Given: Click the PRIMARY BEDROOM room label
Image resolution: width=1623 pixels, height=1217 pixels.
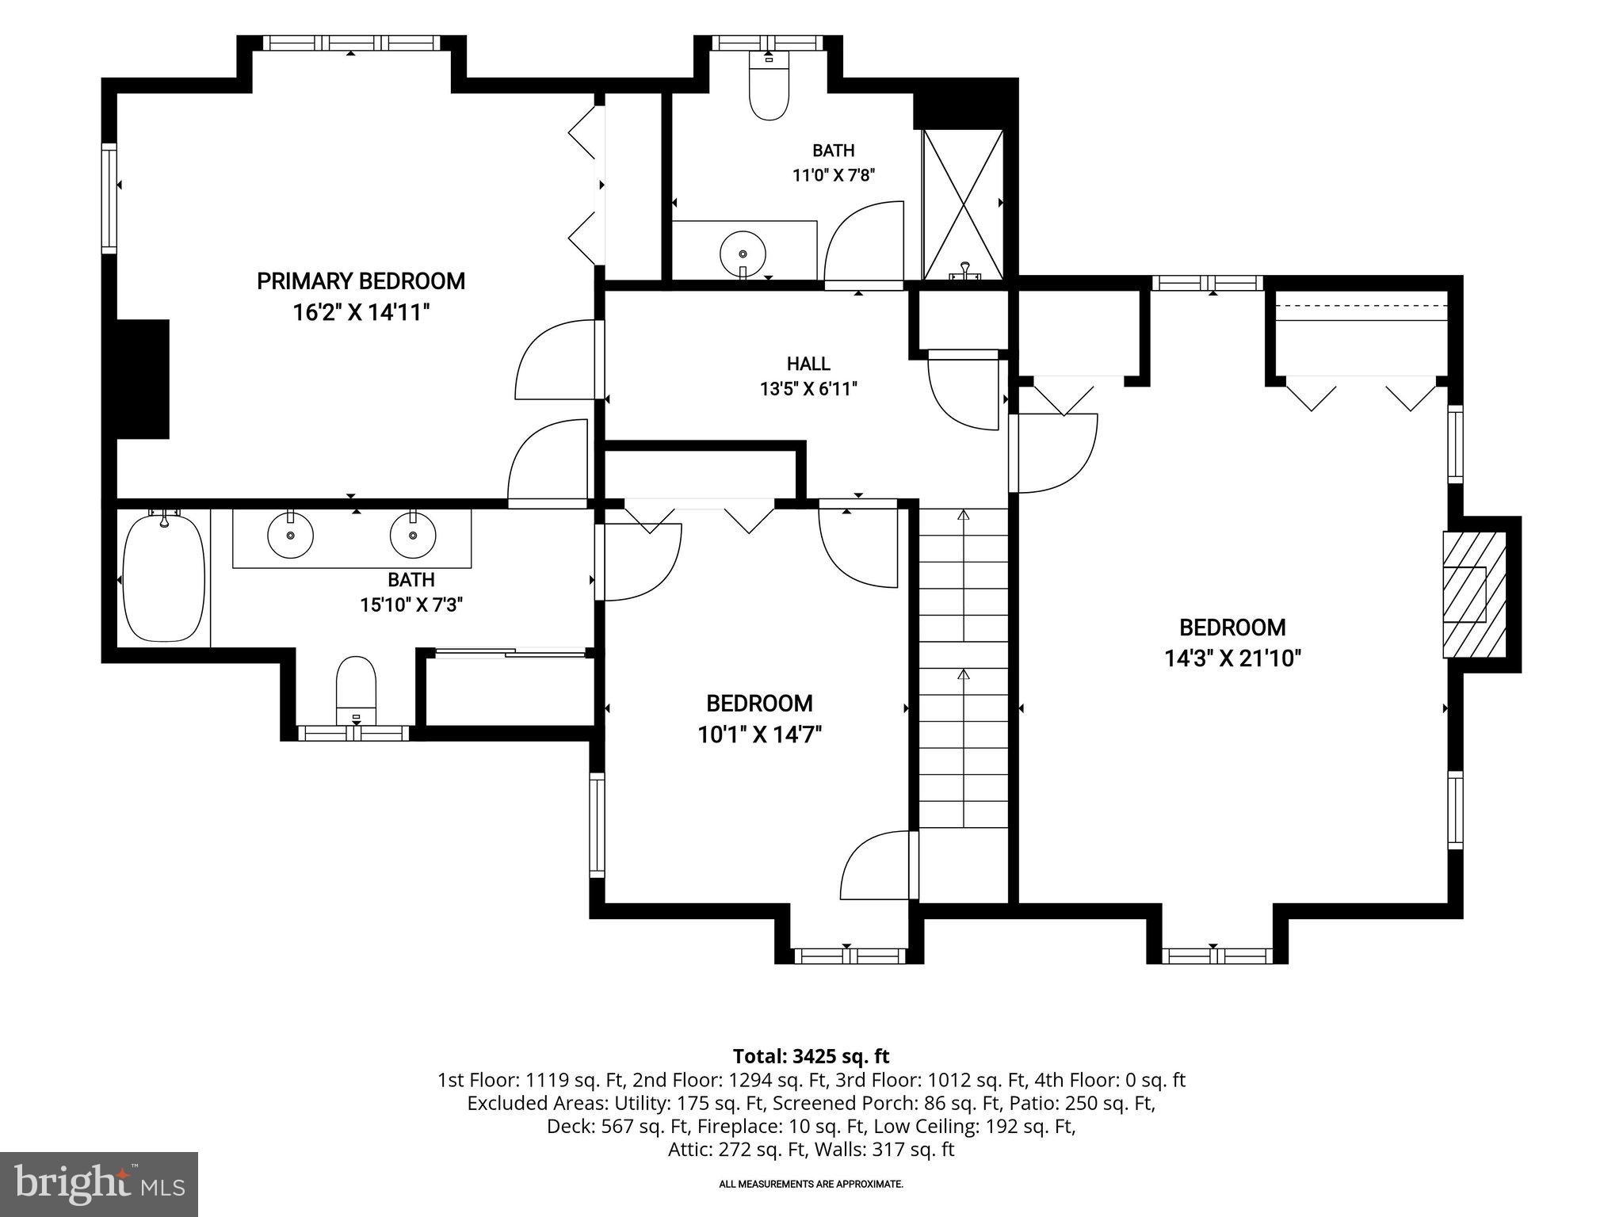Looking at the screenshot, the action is [361, 281].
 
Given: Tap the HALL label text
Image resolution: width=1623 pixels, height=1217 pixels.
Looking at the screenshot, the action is [808, 364].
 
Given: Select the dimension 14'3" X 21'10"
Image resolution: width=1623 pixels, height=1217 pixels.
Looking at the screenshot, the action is [1232, 658].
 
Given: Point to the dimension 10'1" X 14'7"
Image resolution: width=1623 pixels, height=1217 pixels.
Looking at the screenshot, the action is [759, 734].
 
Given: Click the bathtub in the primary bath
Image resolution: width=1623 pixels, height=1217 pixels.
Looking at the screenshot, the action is [165, 577].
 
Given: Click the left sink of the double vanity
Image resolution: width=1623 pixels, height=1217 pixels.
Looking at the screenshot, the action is [290, 534].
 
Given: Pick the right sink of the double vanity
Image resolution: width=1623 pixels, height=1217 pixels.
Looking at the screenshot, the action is [413, 534].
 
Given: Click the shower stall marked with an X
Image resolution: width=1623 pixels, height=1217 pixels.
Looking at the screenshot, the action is [963, 204].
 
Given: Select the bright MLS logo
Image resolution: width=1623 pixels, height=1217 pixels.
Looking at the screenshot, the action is [99, 1184].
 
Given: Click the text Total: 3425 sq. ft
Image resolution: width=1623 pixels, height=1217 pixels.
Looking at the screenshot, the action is [811, 1056].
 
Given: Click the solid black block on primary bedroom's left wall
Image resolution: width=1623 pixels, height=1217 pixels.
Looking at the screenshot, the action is [143, 380].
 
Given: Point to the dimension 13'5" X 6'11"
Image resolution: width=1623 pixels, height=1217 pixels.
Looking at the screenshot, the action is [808, 389].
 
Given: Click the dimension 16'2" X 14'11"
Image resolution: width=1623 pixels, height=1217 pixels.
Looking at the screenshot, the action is [361, 312].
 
